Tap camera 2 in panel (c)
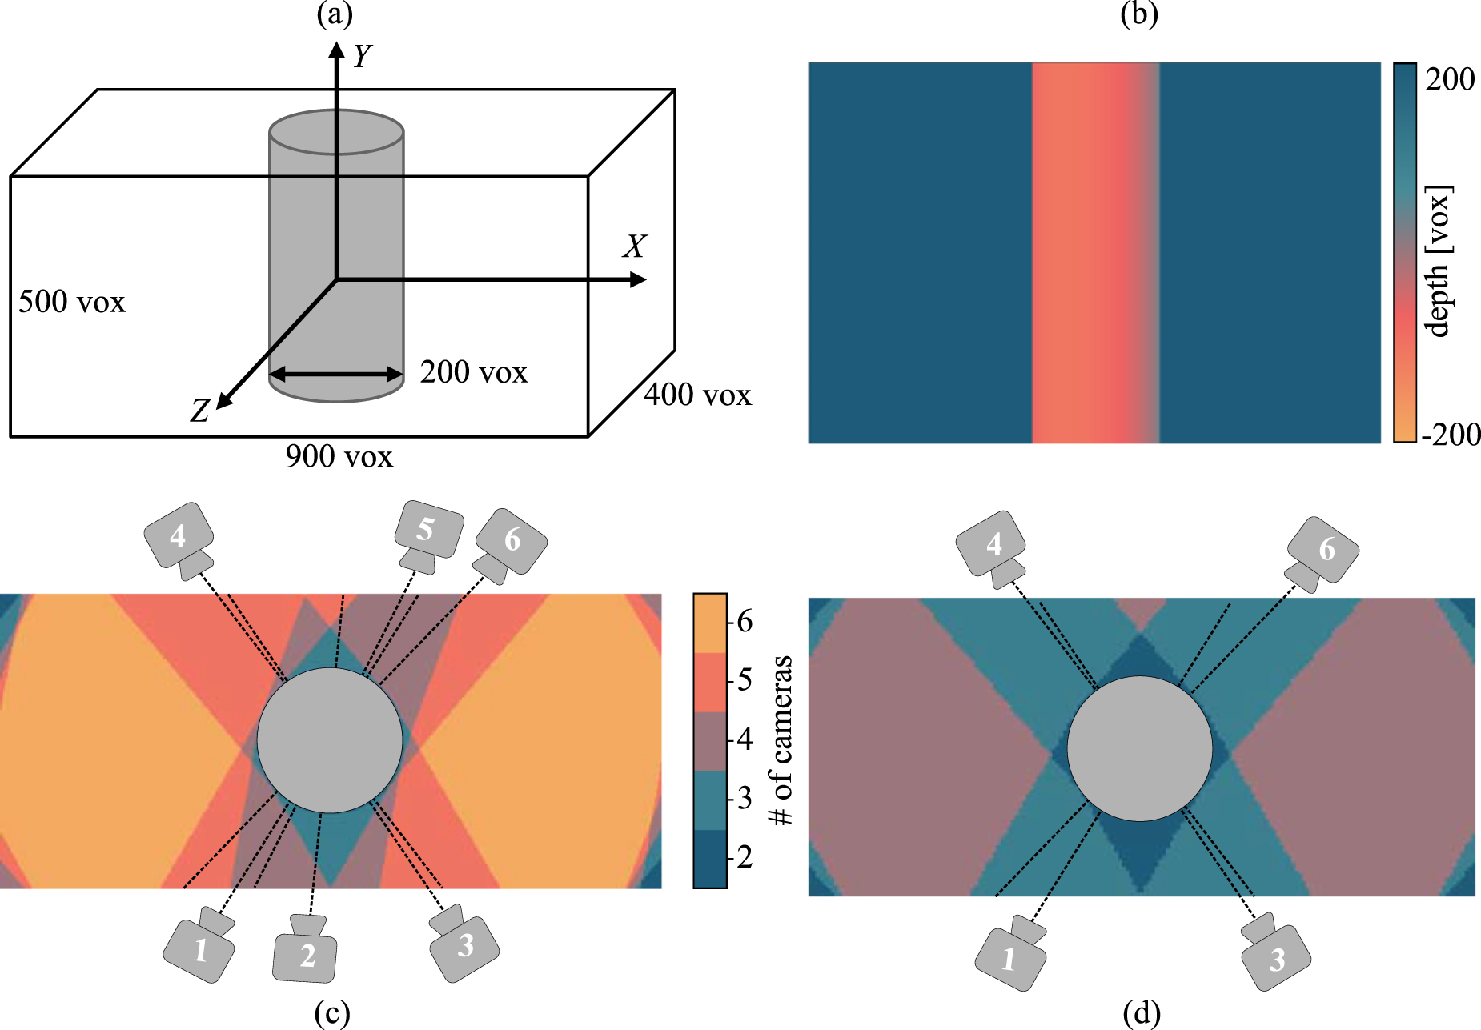[x=305, y=952]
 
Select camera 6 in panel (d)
[x=1322, y=552]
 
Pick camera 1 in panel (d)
[x=1011, y=956]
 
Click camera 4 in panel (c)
[x=179, y=537]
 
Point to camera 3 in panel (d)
[x=1274, y=956]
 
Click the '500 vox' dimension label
[x=72, y=302]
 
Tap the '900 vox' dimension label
[x=339, y=456]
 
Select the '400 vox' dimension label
[x=698, y=395]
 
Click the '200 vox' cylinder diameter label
[x=474, y=372]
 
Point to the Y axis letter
[x=362, y=56]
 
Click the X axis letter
[x=634, y=246]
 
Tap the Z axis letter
[x=199, y=411]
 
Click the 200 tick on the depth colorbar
[x=1449, y=79]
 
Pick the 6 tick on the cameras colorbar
[x=745, y=621]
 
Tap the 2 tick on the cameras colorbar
[x=745, y=856]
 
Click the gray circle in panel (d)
[x=1139, y=748]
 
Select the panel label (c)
[x=332, y=1013]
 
